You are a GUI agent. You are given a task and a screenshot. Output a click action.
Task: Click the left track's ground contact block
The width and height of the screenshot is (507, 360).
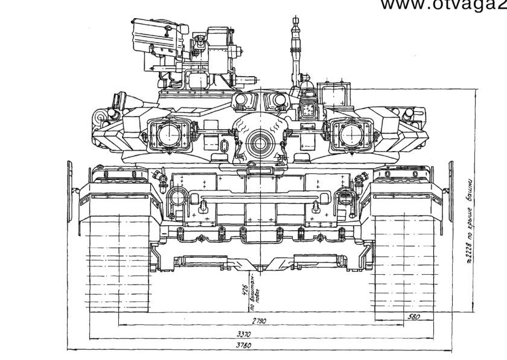pos(114,266)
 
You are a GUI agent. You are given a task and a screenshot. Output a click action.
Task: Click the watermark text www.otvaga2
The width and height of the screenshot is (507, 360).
pos(443,5)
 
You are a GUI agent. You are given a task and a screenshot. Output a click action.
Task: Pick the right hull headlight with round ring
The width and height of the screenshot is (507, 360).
pos(346,196)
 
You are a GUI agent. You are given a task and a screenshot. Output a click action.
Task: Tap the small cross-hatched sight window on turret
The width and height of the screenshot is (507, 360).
pos(308,109)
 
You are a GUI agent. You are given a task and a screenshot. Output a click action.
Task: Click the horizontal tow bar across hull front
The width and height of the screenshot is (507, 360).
pos(260,198)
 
